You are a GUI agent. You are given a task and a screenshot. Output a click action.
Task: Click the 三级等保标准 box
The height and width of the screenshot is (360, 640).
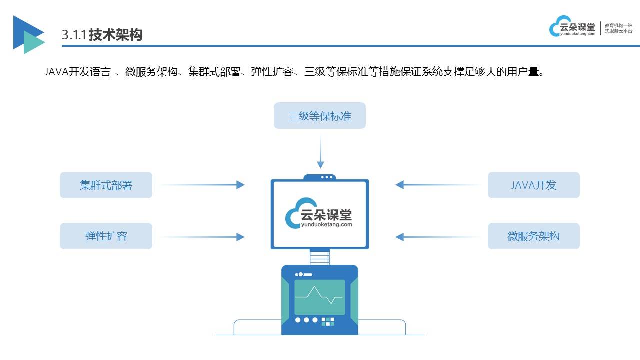tap(320, 116)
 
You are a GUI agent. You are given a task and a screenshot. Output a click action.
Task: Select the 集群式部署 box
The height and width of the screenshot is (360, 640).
tap(106, 185)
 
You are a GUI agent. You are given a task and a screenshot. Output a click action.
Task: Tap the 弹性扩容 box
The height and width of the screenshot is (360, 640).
tap(106, 236)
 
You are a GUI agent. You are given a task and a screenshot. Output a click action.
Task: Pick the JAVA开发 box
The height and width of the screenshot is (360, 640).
tap(533, 185)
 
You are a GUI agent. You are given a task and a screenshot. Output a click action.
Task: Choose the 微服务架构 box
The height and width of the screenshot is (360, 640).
tap(533, 236)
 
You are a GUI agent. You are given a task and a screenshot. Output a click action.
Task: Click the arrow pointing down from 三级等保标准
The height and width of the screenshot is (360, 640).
tap(320, 150)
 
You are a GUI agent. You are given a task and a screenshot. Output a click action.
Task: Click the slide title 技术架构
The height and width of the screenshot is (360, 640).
tap(116, 34)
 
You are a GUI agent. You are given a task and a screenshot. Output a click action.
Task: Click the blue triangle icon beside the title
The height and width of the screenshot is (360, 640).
tap(27, 34)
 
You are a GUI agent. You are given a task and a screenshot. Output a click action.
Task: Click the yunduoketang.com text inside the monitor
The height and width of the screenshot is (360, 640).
tap(327, 225)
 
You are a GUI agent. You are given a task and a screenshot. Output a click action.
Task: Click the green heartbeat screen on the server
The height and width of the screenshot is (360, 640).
tap(319, 297)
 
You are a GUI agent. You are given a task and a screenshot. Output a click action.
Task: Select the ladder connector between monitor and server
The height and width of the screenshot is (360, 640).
tap(320, 257)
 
